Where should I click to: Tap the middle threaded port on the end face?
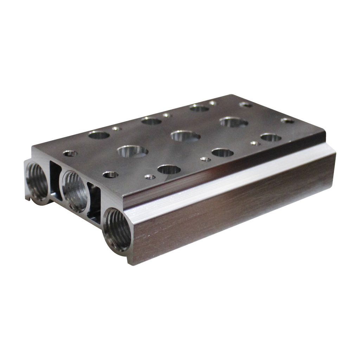pyautogui.click(x=74, y=191)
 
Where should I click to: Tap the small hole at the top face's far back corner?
pyautogui.click(x=213, y=103)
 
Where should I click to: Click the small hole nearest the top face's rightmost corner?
pyautogui.click(x=288, y=121)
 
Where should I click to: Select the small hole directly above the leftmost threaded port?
pyautogui.click(x=70, y=153)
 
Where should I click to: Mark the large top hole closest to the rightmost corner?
pyautogui.click(x=271, y=137)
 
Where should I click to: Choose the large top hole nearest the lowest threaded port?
pyautogui.click(x=169, y=169)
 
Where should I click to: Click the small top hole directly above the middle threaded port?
pyautogui.click(x=110, y=174)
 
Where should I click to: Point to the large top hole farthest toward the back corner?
pyautogui.click(x=199, y=108)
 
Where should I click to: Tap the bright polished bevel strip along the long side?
pyautogui.click(x=229, y=183)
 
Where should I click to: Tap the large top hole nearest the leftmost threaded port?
pyautogui.click(x=99, y=134)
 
